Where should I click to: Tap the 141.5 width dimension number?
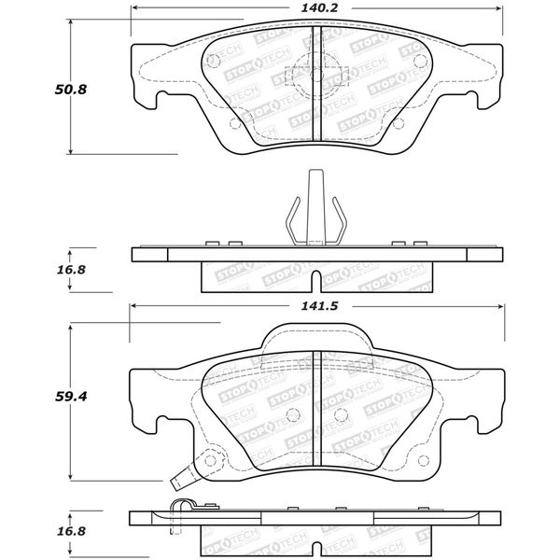(315, 304)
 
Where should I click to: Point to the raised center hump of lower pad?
(315, 336)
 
